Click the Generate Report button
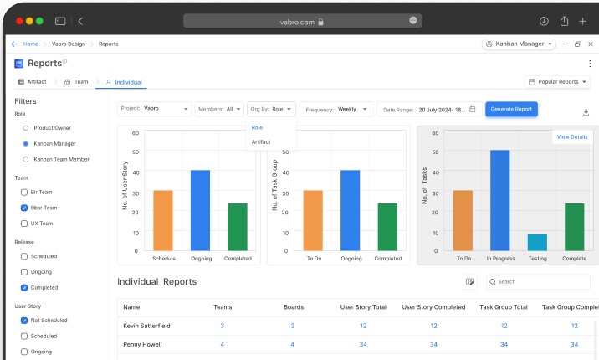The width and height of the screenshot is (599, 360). pyautogui.click(x=511, y=109)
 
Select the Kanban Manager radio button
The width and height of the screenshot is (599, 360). pyautogui.click(x=26, y=143)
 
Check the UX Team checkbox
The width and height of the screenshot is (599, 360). pyautogui.click(x=24, y=224)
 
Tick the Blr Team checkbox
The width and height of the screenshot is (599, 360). pyautogui.click(x=24, y=192)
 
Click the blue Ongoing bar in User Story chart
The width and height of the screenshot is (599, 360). pyautogui.click(x=201, y=209)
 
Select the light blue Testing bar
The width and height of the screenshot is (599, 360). pyautogui.click(x=537, y=242)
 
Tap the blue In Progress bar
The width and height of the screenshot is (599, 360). pyautogui.click(x=499, y=200)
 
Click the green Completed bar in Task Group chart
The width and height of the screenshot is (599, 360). pyautogui.click(x=387, y=226)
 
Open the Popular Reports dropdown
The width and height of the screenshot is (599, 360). pyautogui.click(x=558, y=82)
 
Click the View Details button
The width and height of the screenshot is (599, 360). pyautogui.click(x=572, y=136)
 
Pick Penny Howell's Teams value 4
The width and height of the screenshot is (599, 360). pyautogui.click(x=222, y=344)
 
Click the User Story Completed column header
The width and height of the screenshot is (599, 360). pyautogui.click(x=433, y=307)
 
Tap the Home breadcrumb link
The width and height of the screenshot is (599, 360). pyautogui.click(x=30, y=44)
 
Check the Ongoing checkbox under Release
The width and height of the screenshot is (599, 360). pyautogui.click(x=24, y=272)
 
